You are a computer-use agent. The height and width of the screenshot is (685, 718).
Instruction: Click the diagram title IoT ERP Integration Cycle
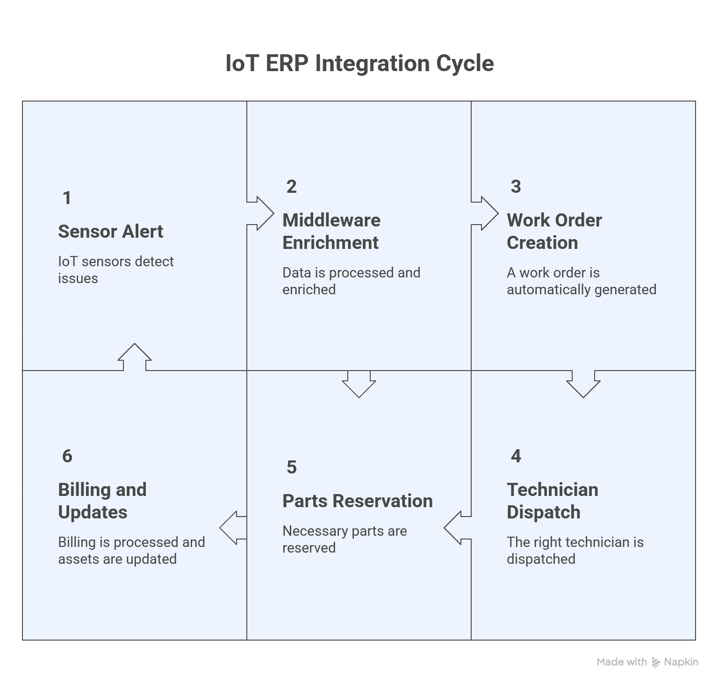coord(359,63)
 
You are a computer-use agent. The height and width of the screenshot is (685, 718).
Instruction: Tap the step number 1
coord(67,198)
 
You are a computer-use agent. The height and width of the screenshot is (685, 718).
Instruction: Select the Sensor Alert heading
coord(110,232)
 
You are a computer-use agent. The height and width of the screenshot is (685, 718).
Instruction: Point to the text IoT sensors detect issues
coord(115,270)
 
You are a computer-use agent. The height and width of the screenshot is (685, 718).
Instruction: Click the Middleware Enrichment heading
coord(331,231)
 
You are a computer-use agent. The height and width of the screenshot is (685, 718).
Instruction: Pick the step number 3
coord(516,187)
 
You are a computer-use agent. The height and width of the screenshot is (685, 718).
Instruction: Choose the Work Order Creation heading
coord(554,231)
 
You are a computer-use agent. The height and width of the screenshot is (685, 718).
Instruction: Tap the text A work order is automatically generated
coord(581,281)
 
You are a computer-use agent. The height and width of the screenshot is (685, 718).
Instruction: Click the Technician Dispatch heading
coord(552,501)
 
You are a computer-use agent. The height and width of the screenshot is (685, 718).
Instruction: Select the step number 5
coord(291,467)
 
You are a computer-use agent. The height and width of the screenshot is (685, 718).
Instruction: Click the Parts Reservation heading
coord(357,501)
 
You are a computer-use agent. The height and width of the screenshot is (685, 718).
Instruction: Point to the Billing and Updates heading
coord(102,501)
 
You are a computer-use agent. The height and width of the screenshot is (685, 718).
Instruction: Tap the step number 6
coord(67,456)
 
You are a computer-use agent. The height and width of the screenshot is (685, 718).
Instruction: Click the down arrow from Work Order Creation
coord(583,384)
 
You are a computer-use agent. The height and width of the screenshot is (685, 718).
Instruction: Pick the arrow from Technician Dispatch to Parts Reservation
coord(457,528)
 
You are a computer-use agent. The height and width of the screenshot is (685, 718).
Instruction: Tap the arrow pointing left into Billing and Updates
coord(232,528)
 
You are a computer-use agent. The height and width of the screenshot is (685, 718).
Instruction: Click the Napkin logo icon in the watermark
coord(656,662)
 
